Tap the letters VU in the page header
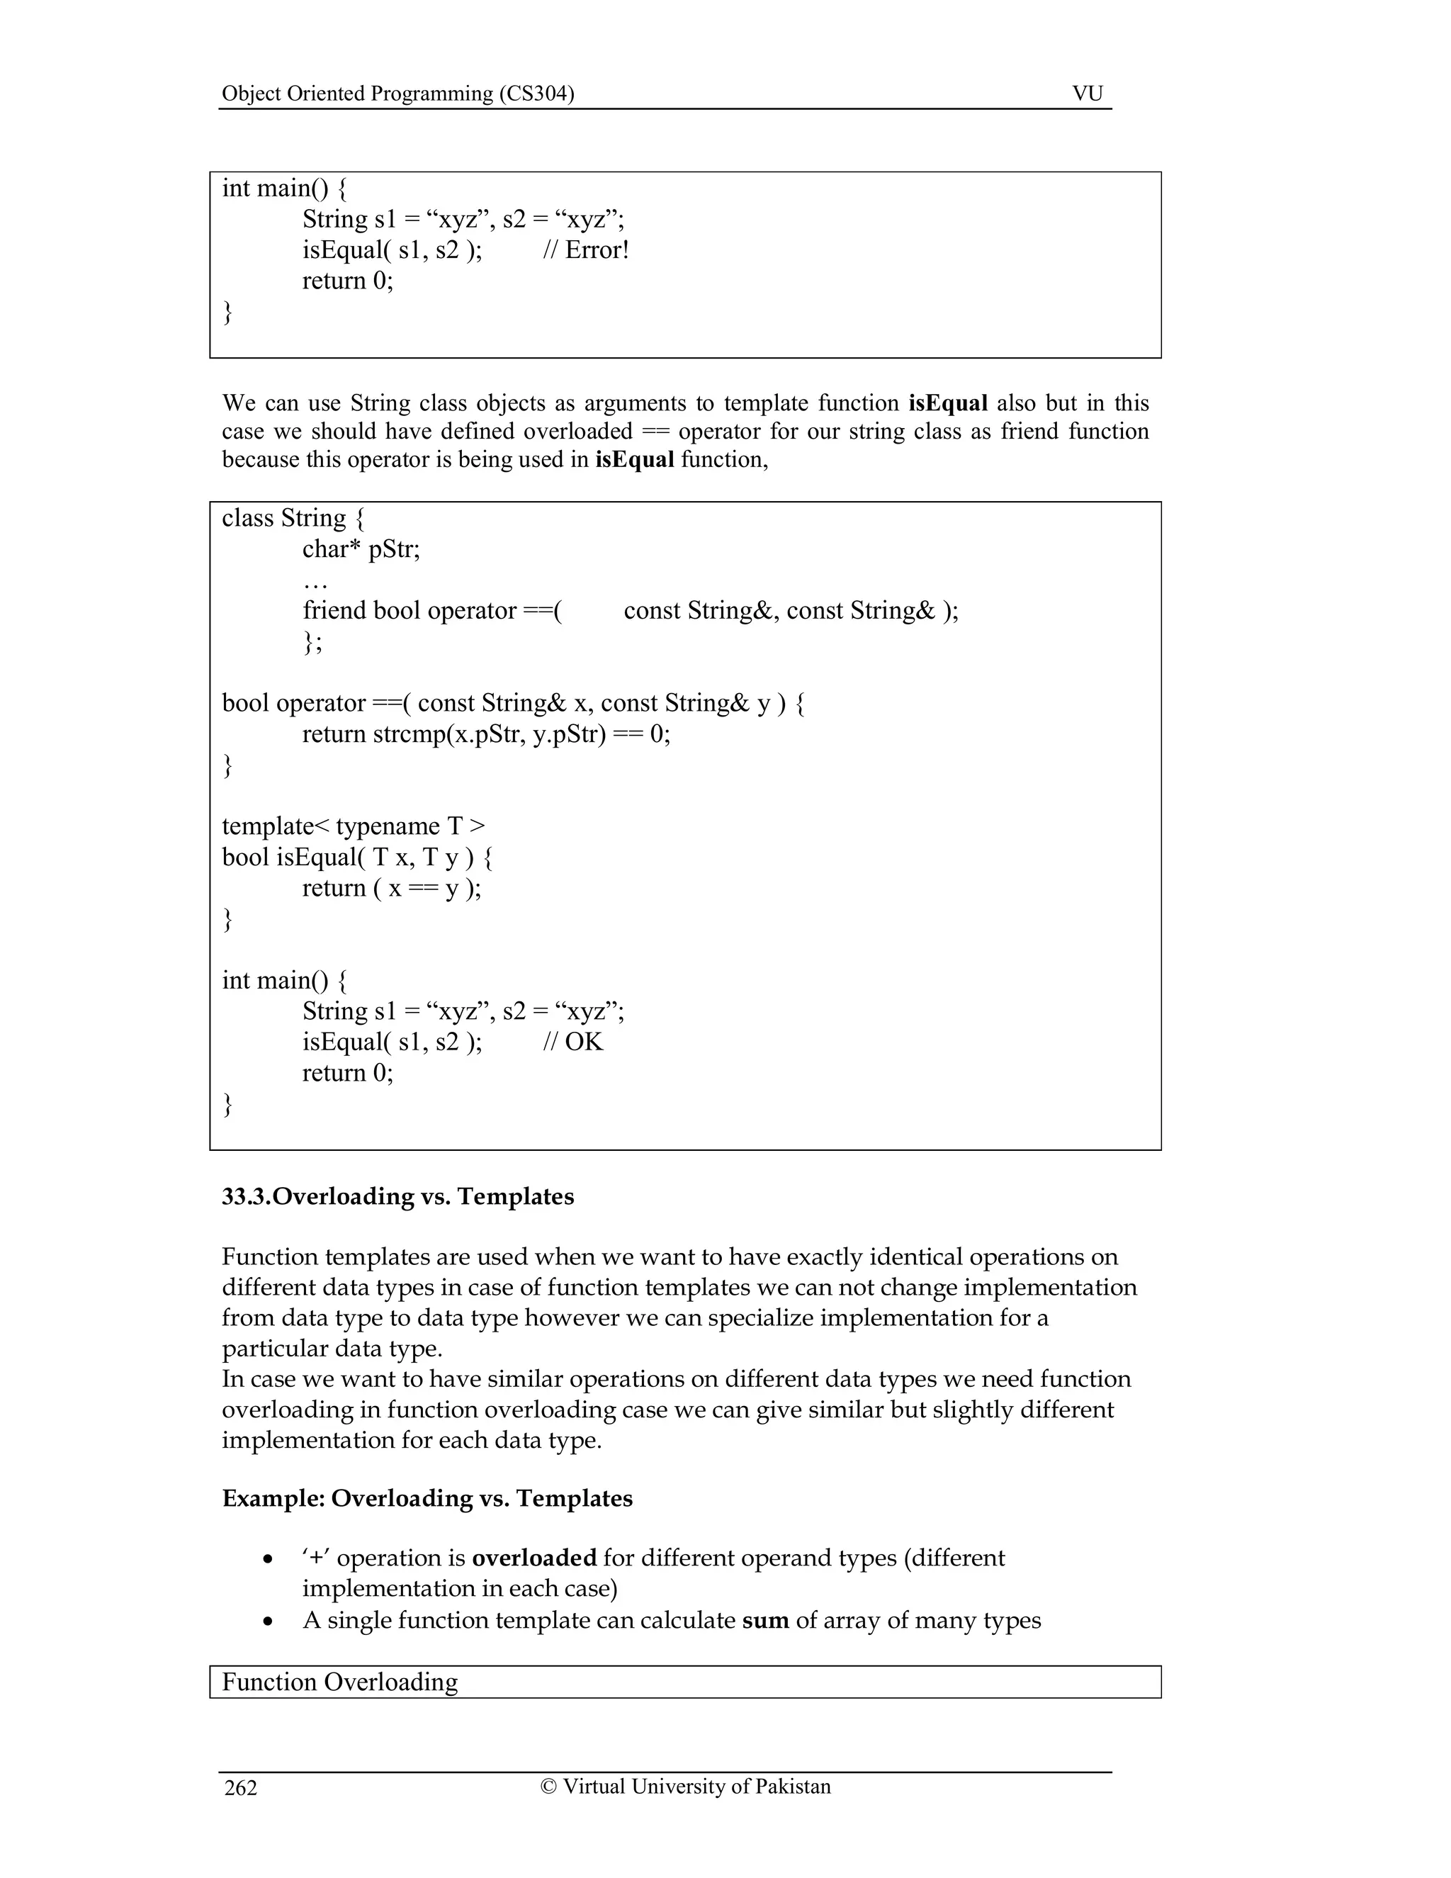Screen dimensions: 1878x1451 tap(1087, 94)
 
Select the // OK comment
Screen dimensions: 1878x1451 tap(572, 1042)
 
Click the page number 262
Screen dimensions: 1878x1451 tap(241, 1789)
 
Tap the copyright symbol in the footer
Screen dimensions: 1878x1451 tap(548, 1787)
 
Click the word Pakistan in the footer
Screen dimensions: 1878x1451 tap(793, 1787)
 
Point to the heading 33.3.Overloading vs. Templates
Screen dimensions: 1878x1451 tap(397, 1196)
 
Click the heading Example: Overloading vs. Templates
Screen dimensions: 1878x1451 tap(427, 1498)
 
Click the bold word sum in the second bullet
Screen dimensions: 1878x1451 tap(765, 1621)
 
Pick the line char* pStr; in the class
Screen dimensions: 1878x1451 tap(361, 549)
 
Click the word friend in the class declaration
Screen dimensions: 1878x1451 tap(334, 610)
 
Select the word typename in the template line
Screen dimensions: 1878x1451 tap(388, 826)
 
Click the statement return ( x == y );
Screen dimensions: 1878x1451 tap(391, 888)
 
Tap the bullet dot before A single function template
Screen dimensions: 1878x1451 tap(270, 1621)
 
